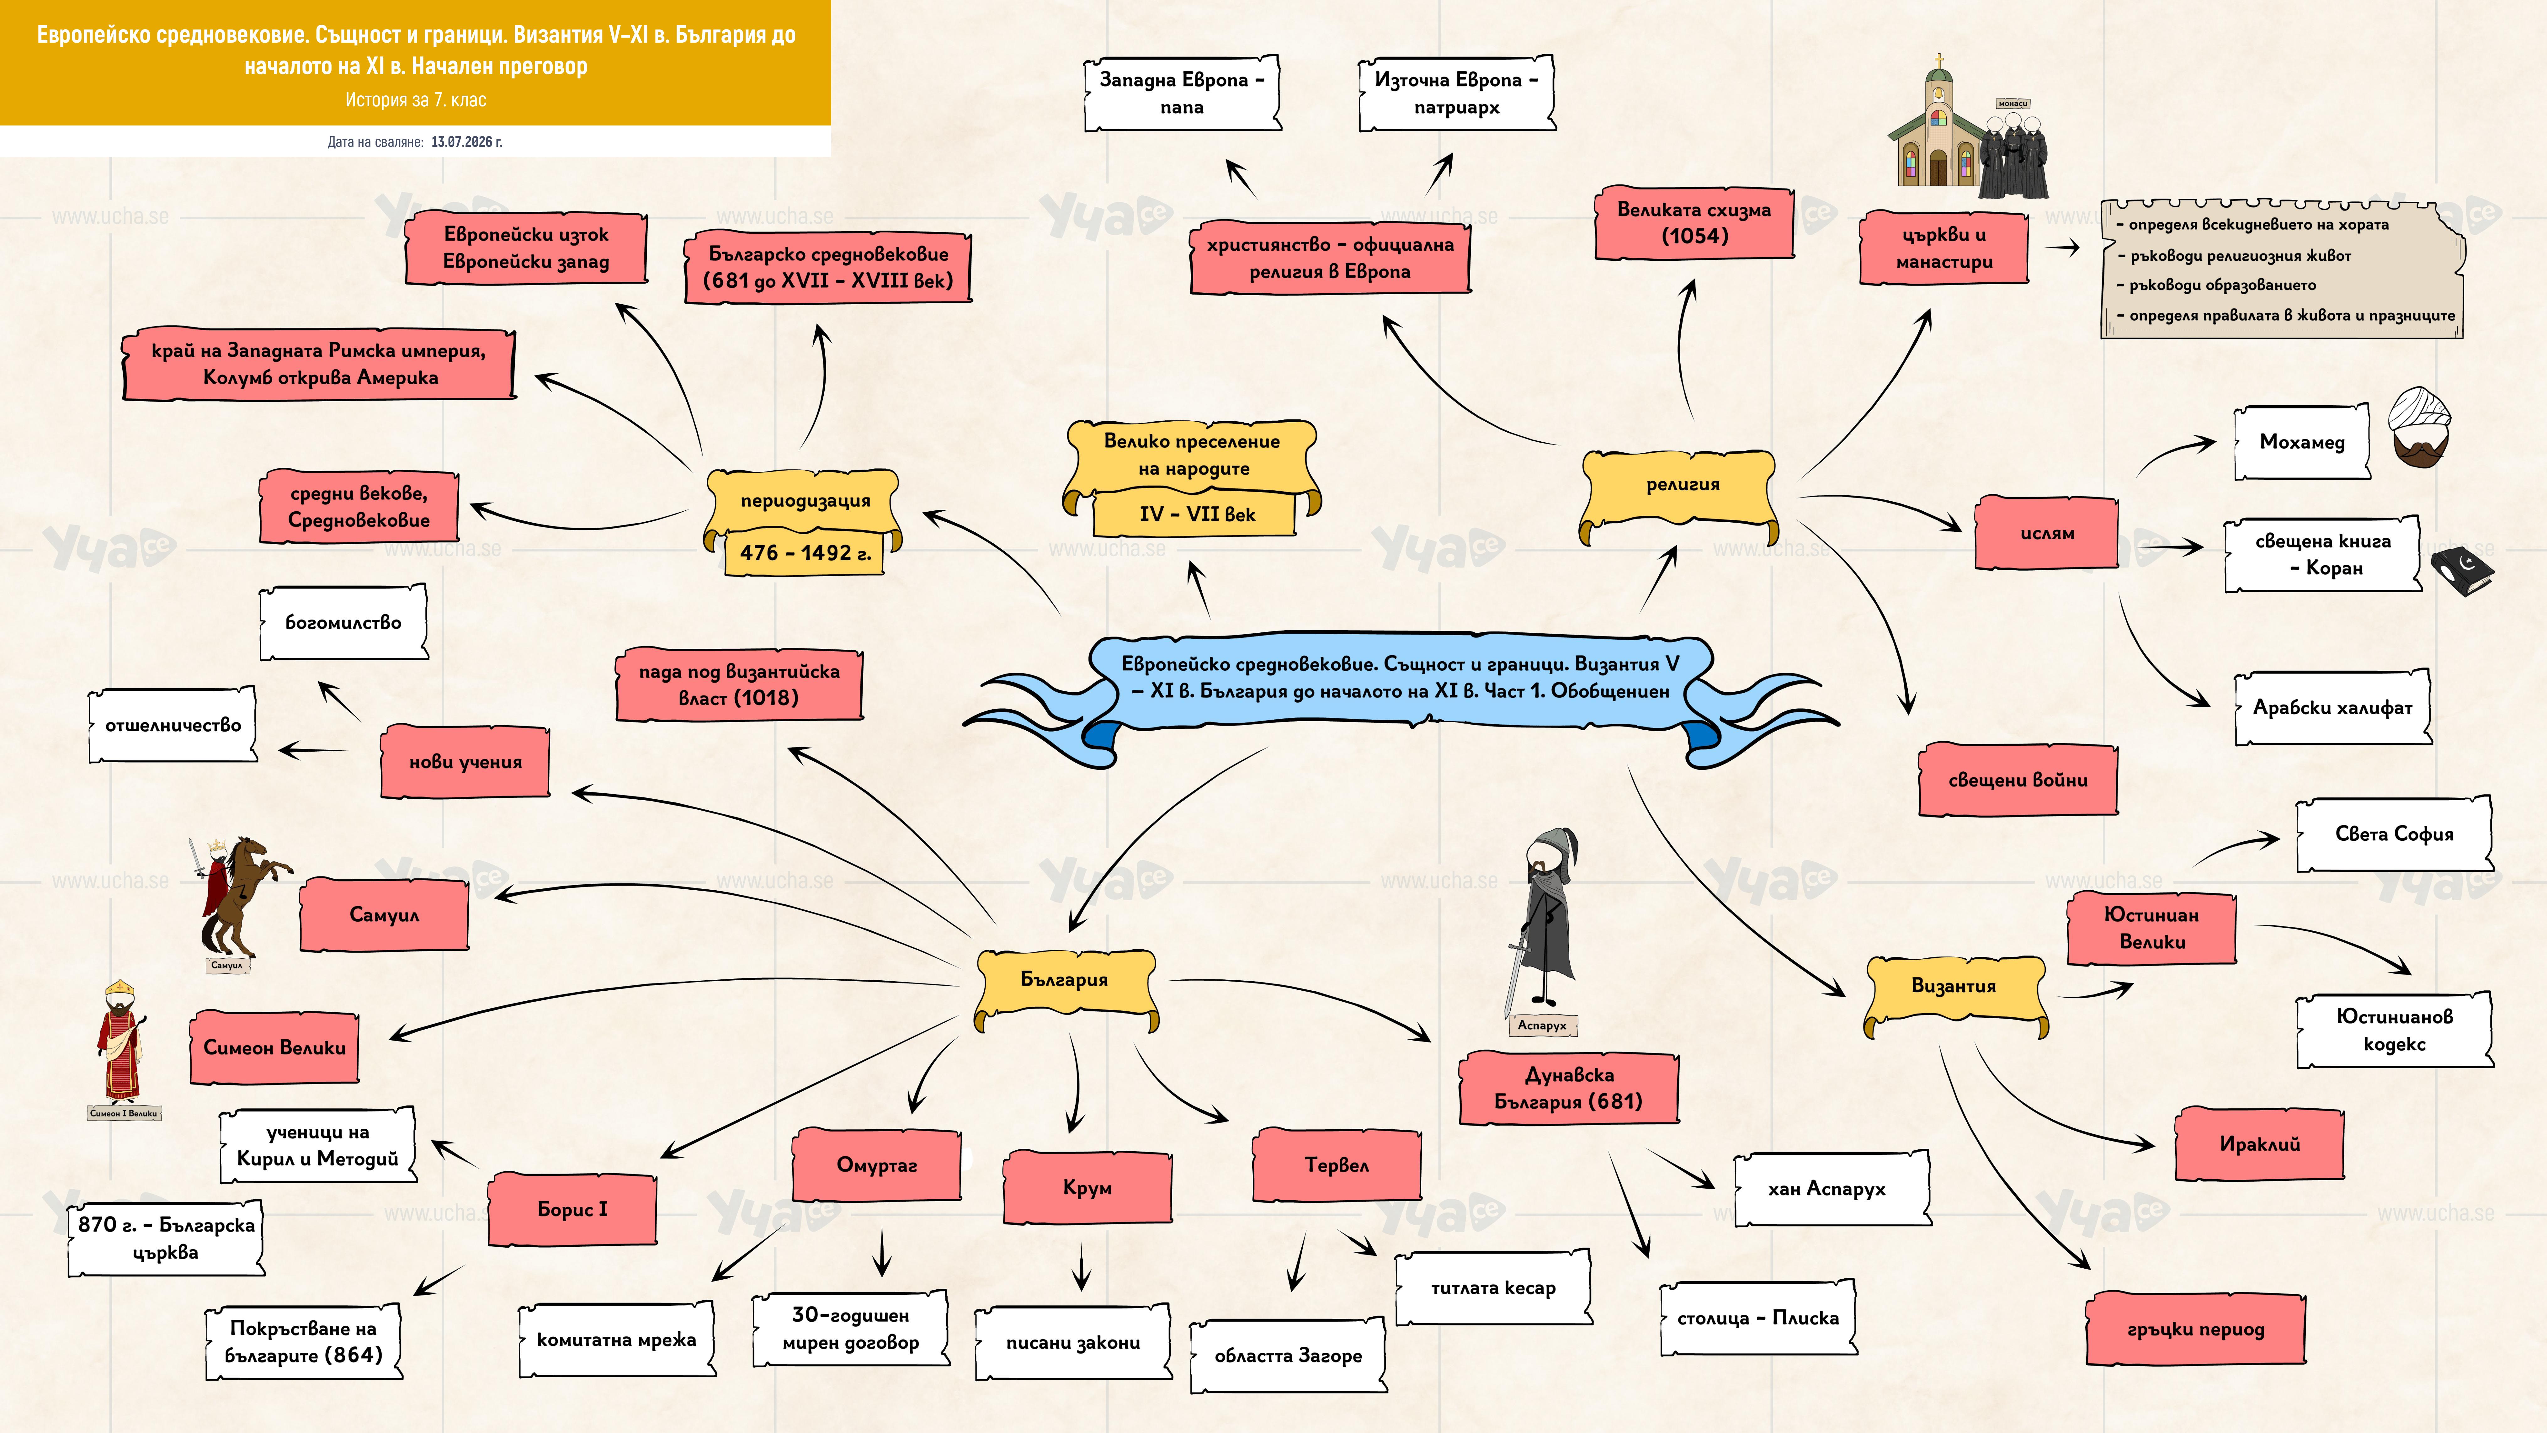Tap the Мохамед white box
2302,442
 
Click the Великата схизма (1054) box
1694,222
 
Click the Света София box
2394,834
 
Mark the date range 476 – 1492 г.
805,553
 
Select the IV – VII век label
1196,514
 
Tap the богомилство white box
343,622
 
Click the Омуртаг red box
876,1165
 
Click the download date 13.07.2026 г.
467,141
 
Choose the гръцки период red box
2195,1329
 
